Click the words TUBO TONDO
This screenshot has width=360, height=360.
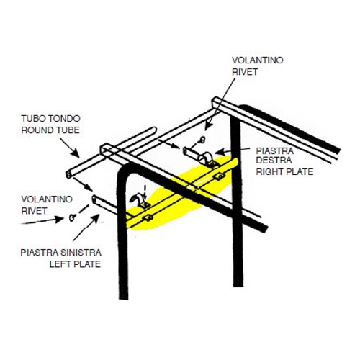[50, 119]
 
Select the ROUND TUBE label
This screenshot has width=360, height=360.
[50, 130]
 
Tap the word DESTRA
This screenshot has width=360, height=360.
[274, 161]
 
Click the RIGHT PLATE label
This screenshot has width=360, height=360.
[284, 172]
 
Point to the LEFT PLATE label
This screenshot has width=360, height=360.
[75, 264]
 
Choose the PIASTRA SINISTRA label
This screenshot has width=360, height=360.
[60, 253]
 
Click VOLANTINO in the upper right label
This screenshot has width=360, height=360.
[258, 60]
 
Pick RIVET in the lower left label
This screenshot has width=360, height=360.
[34, 211]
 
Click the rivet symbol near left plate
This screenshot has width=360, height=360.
[72, 217]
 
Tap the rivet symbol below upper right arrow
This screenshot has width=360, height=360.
[202, 140]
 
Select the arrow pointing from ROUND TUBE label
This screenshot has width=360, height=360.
[70, 148]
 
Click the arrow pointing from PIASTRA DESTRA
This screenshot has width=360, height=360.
[233, 151]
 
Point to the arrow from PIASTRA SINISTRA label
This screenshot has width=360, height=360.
[86, 228]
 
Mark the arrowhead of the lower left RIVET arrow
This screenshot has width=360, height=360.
[60, 219]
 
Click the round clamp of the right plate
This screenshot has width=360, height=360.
[206, 158]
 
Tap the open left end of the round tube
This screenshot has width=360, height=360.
[69, 174]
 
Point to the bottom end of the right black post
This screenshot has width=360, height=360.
[238, 285]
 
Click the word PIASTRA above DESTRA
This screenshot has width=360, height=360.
[275, 151]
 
